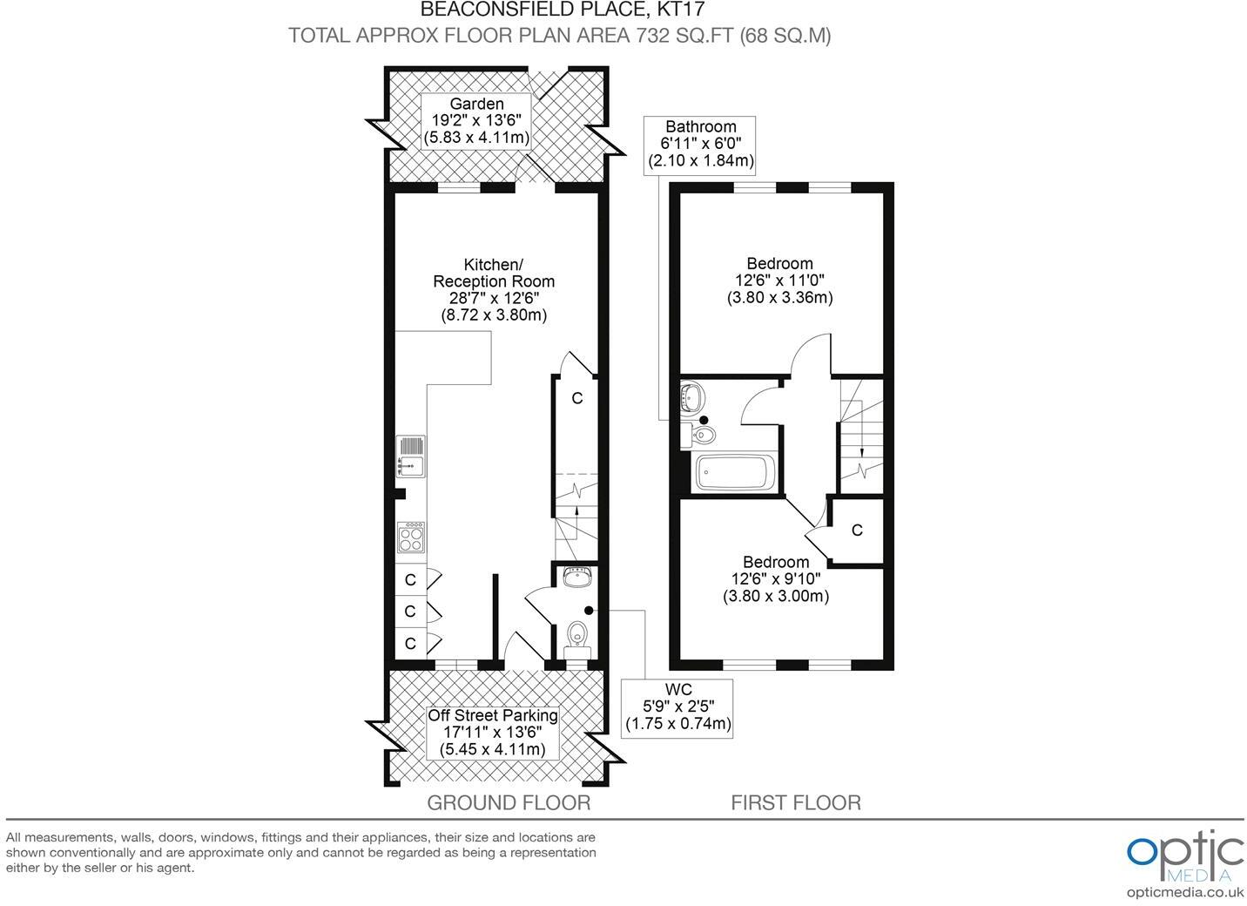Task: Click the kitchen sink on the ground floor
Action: click(x=411, y=456)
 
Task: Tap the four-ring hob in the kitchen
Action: click(x=411, y=537)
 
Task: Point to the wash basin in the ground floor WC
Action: click(x=577, y=577)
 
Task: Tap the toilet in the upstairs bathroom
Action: click(x=700, y=434)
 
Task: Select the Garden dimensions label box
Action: click(x=476, y=121)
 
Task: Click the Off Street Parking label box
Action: click(x=492, y=732)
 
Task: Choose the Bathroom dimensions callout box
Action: click(x=700, y=144)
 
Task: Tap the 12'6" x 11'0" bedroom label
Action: click(x=779, y=280)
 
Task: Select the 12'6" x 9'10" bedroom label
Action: click(x=775, y=579)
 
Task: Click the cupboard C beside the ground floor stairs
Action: click(x=576, y=399)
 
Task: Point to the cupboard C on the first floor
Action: click(x=857, y=530)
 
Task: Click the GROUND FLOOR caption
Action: click(x=508, y=802)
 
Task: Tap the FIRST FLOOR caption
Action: click(x=795, y=802)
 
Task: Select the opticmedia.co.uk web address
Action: click(x=1184, y=891)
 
